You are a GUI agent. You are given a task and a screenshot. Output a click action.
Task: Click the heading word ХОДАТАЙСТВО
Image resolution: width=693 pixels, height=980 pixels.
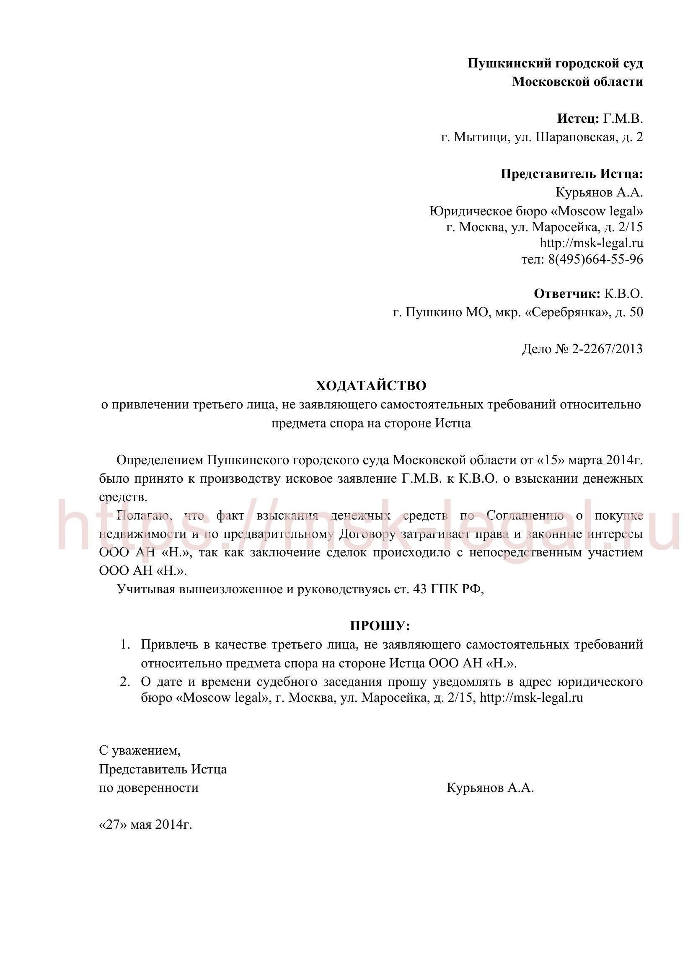371,386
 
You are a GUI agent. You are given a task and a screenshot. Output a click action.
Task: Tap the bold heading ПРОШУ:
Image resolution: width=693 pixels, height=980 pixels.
379,626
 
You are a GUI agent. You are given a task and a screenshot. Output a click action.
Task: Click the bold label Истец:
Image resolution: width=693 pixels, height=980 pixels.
578,119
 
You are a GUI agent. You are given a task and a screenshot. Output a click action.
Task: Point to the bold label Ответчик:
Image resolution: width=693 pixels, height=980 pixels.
567,294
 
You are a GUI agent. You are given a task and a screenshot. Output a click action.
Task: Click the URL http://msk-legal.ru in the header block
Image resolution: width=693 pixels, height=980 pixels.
592,243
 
